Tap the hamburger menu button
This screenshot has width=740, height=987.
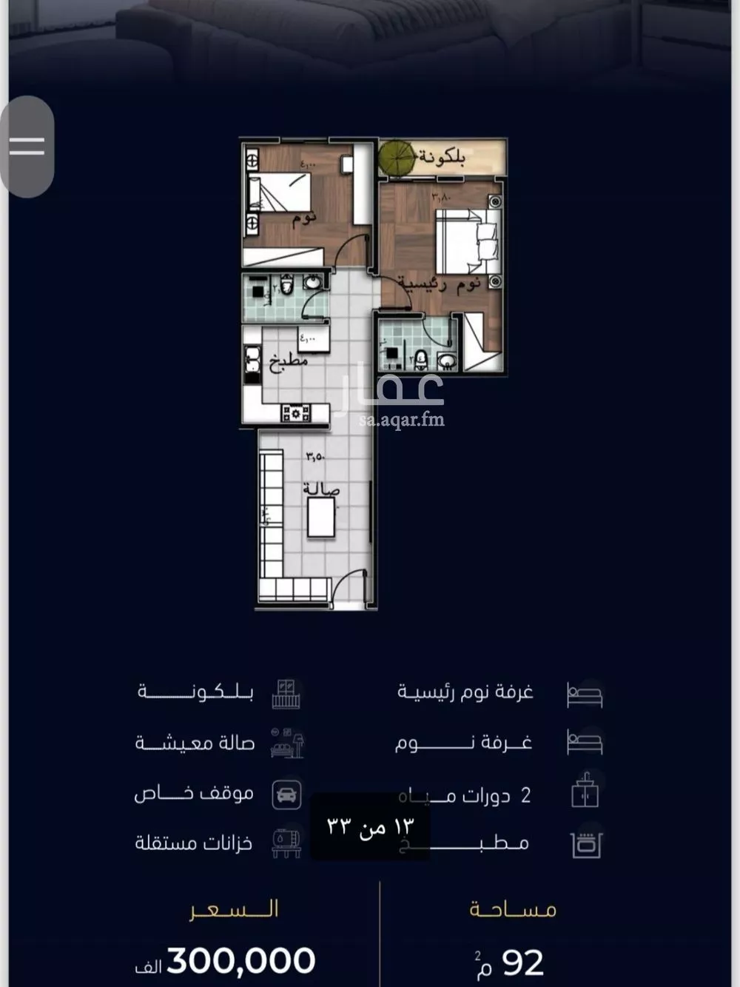27,146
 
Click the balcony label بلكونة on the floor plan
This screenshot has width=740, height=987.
443,158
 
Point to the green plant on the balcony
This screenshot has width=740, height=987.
397,156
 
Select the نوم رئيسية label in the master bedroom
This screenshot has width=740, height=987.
439,284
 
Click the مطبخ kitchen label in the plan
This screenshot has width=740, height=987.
287,362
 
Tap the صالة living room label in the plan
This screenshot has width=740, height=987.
320,490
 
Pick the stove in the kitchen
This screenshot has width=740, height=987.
295,413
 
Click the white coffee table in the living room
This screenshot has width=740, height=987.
321,518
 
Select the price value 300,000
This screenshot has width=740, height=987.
241,960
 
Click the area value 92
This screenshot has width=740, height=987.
522,963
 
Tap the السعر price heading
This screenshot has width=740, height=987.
234,909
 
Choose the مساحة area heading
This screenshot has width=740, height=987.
513,909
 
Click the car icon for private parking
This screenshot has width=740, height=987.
286,794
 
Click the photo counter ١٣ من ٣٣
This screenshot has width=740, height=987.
370,826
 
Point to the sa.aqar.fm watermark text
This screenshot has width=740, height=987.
401,421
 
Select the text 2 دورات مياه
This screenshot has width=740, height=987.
465,796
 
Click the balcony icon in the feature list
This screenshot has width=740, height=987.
286,694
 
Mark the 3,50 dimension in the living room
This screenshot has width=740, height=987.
314,457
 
